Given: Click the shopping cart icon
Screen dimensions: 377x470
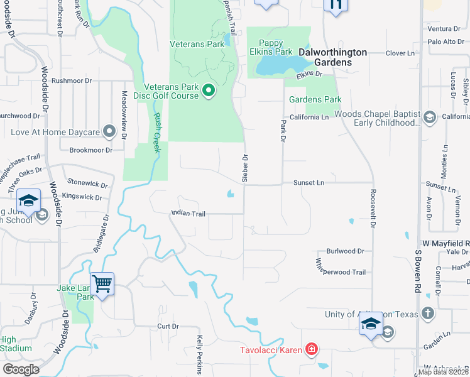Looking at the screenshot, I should click(x=102, y=283).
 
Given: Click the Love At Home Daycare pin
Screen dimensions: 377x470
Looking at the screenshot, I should click(x=110, y=132).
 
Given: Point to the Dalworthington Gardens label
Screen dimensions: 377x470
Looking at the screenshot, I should click(x=332, y=53).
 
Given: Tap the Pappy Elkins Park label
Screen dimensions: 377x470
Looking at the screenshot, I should click(x=271, y=47).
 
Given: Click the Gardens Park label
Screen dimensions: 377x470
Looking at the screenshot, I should click(x=315, y=99).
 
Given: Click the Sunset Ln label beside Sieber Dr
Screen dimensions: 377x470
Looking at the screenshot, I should click(x=308, y=182).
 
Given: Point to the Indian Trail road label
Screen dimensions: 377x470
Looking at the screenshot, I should click(x=189, y=214).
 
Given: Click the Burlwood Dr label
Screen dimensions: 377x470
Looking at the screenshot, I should click(x=345, y=251).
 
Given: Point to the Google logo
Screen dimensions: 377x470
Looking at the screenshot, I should click(x=21, y=369).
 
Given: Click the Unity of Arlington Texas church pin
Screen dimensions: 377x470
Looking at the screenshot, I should click(x=427, y=313).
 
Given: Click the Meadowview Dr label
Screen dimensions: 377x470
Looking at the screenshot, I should click(x=124, y=113).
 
